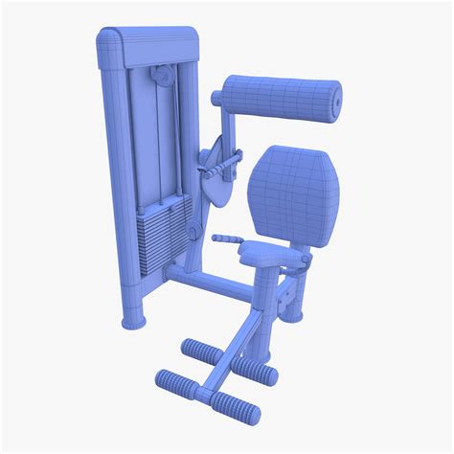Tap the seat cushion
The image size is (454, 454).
coord(262,254)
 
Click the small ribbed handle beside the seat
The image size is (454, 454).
coord(227,238)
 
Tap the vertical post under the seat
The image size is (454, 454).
coord(261,306)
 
